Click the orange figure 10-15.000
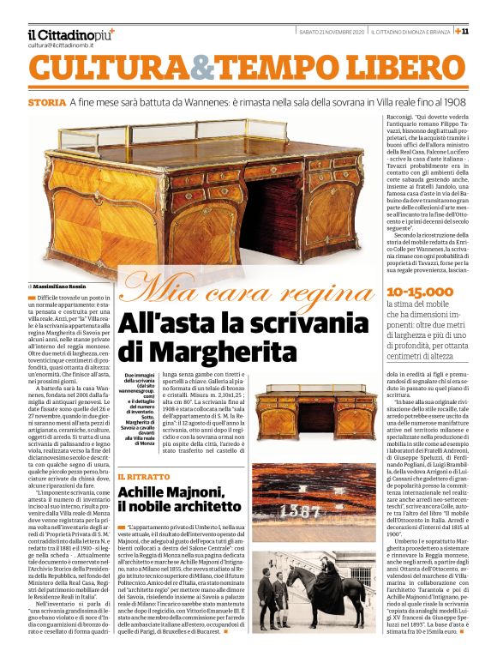point(417,292)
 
